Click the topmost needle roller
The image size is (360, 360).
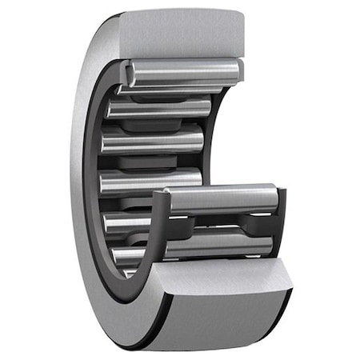click(x=182, y=71)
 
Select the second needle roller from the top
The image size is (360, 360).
click(x=160, y=106)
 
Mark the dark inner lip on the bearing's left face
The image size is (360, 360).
click(x=90, y=184)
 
